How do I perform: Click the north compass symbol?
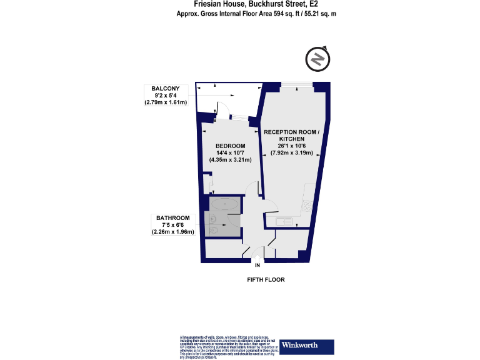[317, 59]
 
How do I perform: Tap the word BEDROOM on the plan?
[229, 146]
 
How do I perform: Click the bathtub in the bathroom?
[223, 204]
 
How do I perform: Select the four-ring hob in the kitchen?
[307, 204]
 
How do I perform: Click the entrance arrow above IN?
[257, 257]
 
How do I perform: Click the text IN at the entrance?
[257, 266]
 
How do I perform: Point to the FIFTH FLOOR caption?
[266, 280]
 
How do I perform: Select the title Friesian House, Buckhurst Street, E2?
[257, 4]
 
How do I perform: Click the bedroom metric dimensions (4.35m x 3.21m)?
[229, 160]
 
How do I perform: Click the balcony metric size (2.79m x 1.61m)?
[166, 102]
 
